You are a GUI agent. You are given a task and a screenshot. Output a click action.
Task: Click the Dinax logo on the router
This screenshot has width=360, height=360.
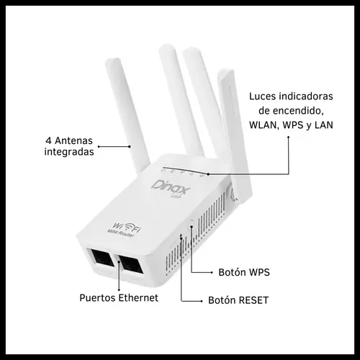[171, 189]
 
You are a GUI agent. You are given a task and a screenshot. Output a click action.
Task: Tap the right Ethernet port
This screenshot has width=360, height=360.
[131, 265]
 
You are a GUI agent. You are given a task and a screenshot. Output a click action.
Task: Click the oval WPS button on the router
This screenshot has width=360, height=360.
[192, 225]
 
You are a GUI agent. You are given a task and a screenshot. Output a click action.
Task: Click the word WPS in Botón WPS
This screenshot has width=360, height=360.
[259, 272]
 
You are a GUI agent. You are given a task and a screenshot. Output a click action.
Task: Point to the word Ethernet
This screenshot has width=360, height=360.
[138, 298]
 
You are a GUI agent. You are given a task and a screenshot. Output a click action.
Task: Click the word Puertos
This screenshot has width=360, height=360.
[98, 298]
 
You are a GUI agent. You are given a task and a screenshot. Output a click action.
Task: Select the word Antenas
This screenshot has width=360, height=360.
[73, 140]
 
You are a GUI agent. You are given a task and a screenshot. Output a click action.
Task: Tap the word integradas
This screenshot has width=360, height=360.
[69, 152]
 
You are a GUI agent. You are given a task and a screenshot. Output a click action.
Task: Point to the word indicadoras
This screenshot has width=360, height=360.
[305, 96]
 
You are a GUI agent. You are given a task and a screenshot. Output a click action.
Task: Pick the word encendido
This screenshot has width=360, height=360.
[297, 111]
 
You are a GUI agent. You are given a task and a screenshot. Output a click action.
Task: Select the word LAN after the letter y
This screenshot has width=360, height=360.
[323, 125]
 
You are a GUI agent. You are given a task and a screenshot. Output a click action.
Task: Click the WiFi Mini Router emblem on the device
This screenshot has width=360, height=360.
[125, 229]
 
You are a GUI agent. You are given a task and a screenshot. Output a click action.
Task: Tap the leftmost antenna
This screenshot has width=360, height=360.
[127, 115]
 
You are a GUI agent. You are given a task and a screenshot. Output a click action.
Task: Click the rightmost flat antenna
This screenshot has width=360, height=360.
[233, 135]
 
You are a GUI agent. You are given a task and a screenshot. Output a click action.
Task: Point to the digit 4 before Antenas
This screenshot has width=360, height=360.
[48, 140]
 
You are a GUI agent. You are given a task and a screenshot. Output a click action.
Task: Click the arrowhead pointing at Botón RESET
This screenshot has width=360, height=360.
[202, 301]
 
